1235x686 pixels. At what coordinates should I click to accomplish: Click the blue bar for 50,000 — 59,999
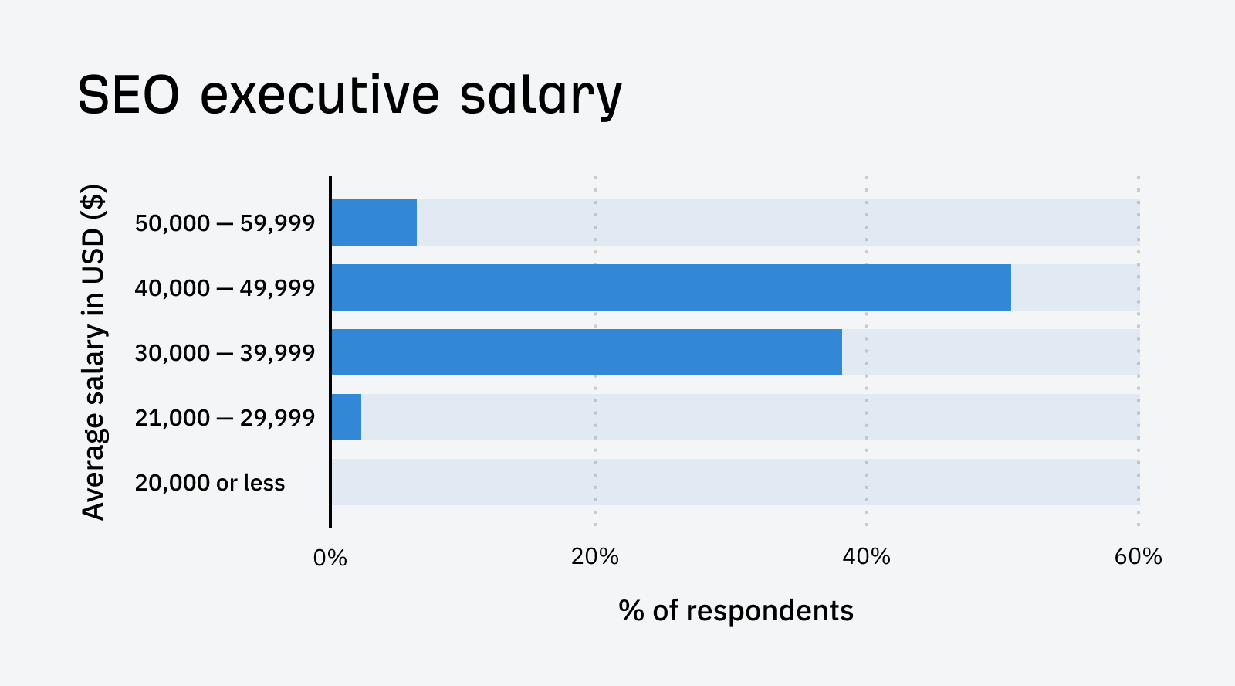[x=374, y=222]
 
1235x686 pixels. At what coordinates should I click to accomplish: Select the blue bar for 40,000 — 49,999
[x=671, y=287]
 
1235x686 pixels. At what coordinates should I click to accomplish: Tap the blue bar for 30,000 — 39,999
[x=587, y=352]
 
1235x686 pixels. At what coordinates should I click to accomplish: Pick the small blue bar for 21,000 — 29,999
[x=347, y=417]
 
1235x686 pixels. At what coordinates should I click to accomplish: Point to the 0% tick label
[x=330, y=558]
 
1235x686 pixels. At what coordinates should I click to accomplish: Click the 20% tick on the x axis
[x=594, y=556]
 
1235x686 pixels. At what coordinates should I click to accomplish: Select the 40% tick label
[x=866, y=556]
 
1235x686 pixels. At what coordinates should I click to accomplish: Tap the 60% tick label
[x=1138, y=556]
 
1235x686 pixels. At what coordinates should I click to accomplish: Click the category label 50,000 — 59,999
[x=225, y=223]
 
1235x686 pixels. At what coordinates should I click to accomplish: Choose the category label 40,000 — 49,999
[x=225, y=288]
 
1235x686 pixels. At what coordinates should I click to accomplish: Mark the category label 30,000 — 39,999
[x=225, y=353]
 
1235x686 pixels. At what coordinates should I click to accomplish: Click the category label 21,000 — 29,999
[x=225, y=418]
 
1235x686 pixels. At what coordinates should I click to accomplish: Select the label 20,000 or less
[x=210, y=483]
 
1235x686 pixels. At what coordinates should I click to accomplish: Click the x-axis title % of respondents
[x=736, y=610]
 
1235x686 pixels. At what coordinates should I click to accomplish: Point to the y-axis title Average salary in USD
[x=93, y=352]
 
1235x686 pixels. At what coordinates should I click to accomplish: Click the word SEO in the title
[x=128, y=96]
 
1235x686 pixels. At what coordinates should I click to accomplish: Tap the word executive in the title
[x=320, y=96]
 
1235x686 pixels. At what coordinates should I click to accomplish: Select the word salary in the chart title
[x=540, y=96]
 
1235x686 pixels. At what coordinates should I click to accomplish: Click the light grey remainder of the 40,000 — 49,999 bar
[x=1074, y=287]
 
